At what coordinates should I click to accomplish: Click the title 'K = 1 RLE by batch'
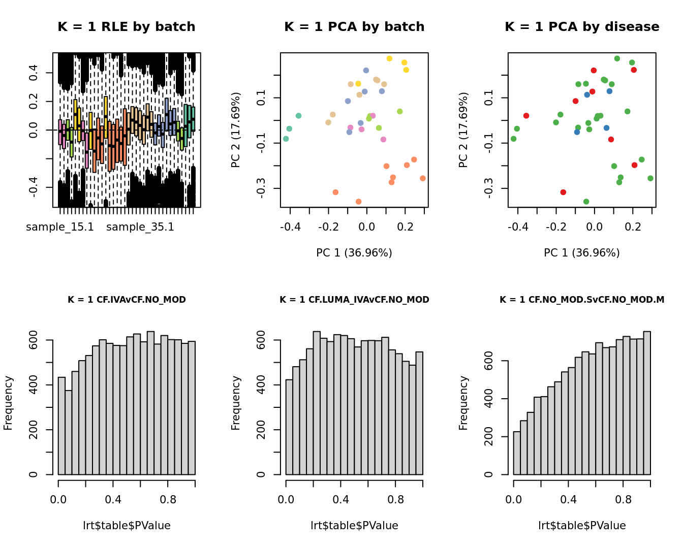[x=126, y=27]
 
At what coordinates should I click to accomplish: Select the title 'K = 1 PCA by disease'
[x=582, y=27]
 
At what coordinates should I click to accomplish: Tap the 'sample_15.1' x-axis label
[x=60, y=227]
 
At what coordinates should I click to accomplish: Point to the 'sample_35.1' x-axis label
[x=140, y=227]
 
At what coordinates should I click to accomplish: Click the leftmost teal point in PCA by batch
[x=286, y=139]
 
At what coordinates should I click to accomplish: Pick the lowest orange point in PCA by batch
[x=358, y=202]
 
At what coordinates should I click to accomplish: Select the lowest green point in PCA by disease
[x=586, y=202]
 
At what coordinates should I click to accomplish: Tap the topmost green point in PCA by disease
[x=617, y=58]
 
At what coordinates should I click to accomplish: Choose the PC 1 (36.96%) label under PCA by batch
[x=354, y=253]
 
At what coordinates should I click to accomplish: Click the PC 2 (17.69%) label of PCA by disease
[x=463, y=130]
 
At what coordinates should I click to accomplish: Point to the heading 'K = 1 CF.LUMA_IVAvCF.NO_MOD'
[x=354, y=300]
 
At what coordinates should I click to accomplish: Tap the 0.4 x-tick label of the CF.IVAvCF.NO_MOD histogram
[x=113, y=500]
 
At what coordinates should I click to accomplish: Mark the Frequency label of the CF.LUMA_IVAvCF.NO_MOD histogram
[x=235, y=403]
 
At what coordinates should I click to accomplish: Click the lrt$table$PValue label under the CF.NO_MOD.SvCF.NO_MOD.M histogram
[x=582, y=526]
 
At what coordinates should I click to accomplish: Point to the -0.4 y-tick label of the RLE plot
[x=34, y=187]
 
